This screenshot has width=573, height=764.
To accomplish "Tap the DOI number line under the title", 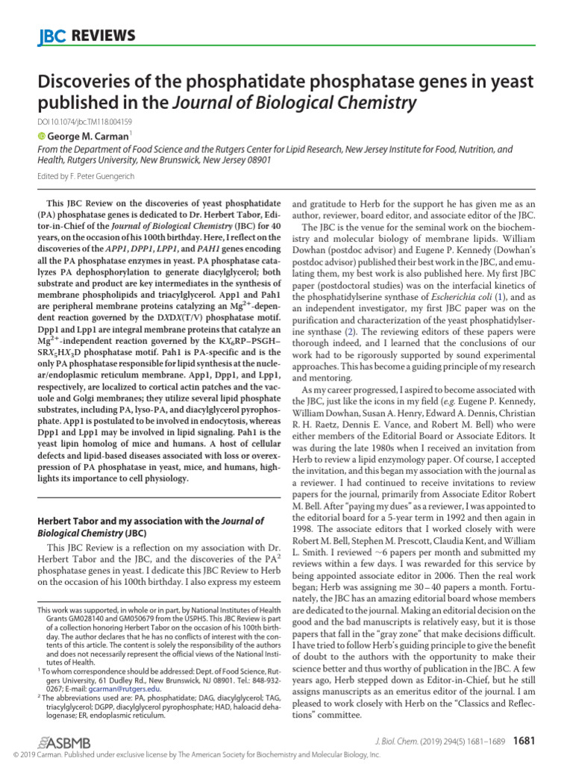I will point(84,122).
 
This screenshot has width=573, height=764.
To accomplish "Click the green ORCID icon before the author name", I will point(41,136).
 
